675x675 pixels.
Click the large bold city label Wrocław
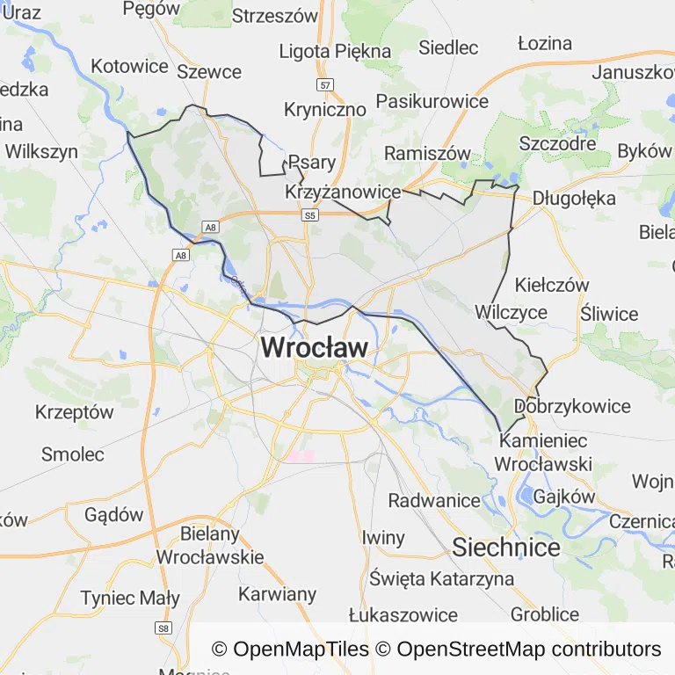point(314,348)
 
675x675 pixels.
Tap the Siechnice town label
point(506,548)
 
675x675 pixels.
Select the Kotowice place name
point(129,66)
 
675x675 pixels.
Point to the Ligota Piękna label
point(335,51)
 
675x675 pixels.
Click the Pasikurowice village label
point(432,101)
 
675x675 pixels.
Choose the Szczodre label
point(558,143)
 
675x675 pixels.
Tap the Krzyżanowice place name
point(344,192)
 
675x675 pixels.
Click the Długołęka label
point(574,198)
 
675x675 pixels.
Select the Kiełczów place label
point(552,285)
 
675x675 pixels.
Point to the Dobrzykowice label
point(572,406)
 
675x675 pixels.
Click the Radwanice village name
point(434,501)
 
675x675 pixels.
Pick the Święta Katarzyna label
point(441,579)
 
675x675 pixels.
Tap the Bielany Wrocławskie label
point(209,545)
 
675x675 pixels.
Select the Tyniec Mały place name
point(130,599)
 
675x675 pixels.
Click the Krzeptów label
point(75,411)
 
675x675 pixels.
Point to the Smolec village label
point(73,454)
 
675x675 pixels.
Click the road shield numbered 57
point(326,85)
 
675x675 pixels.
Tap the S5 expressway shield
point(309,214)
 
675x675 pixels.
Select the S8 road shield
point(163,628)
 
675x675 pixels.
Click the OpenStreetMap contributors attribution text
point(528,650)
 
